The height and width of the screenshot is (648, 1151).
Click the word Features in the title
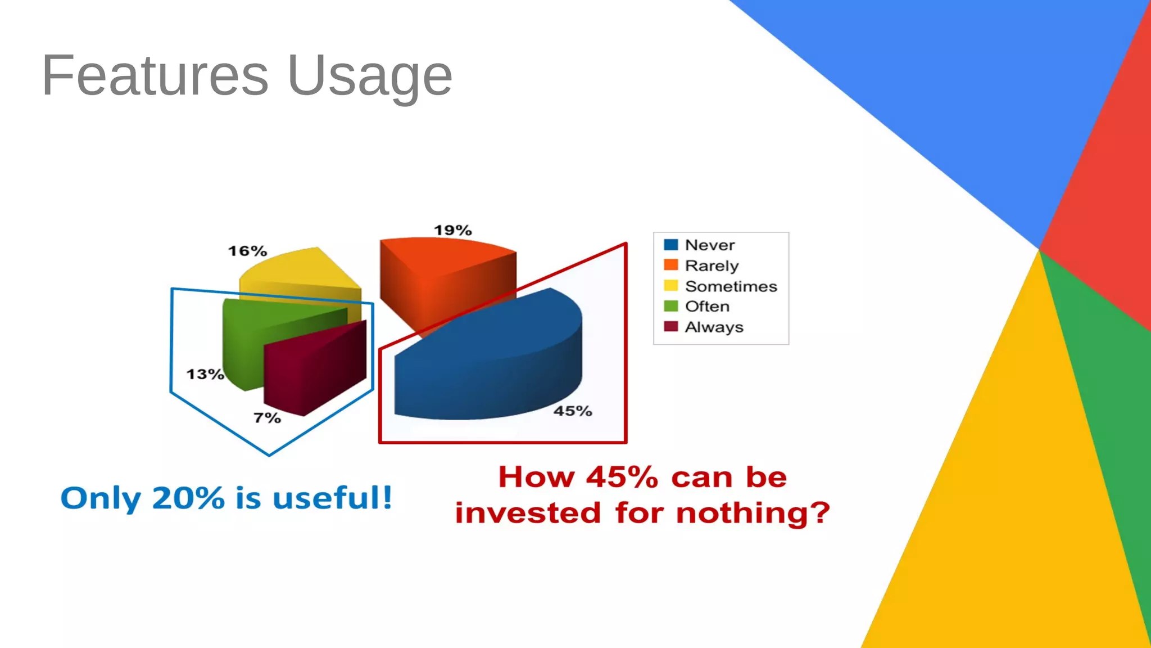click(155, 75)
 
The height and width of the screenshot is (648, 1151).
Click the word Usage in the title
click(369, 76)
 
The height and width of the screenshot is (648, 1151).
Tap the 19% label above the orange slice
click(452, 230)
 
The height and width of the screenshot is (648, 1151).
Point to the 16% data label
click(247, 251)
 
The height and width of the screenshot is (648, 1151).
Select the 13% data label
click(205, 374)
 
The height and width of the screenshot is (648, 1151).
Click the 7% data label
click(267, 418)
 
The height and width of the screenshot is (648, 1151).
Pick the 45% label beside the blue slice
click(573, 411)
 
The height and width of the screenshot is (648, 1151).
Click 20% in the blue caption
click(188, 498)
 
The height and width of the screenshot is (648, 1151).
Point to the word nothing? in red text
click(753, 513)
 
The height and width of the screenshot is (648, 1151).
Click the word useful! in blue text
click(332, 498)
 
